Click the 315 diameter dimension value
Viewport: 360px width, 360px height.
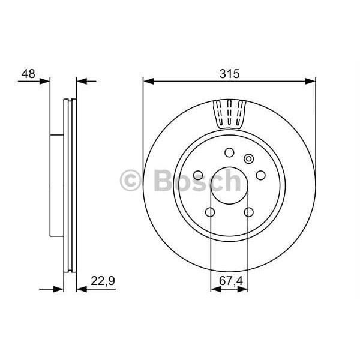[229, 74]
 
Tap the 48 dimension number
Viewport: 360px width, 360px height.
[28, 74]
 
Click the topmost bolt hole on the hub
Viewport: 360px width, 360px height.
[229, 152]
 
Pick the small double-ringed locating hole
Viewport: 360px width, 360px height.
[250, 159]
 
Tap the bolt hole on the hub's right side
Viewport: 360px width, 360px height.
[260, 175]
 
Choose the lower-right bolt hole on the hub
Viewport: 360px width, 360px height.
[248, 212]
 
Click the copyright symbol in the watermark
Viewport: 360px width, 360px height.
[131, 181]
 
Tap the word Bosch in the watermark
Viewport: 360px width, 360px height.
[198, 181]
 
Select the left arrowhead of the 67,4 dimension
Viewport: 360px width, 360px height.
[215, 289]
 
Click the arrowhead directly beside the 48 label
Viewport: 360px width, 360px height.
[46, 80]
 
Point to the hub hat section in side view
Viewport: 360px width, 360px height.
[56, 185]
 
